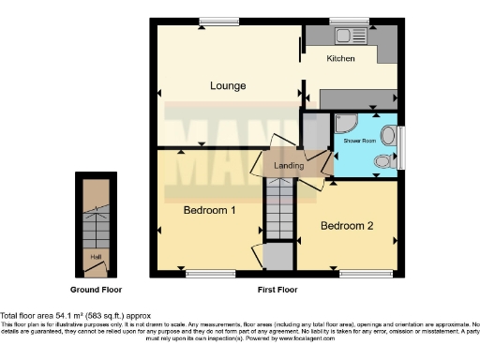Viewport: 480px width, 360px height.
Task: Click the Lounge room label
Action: pyautogui.click(x=228, y=86)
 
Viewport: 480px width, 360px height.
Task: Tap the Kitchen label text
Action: pyautogui.click(x=340, y=59)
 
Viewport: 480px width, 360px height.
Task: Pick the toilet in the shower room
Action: pyautogui.click(x=382, y=162)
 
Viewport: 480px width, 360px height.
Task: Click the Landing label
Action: pyautogui.click(x=288, y=166)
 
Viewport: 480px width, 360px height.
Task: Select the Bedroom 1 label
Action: pyautogui.click(x=209, y=210)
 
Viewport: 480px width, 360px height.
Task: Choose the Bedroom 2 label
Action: pyautogui.click(x=347, y=226)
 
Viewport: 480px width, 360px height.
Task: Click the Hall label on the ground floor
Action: pyautogui.click(x=96, y=256)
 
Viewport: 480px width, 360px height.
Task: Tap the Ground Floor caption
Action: pyautogui.click(x=97, y=290)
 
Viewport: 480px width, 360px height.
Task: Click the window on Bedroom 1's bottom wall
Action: pyautogui.click(x=199, y=274)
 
